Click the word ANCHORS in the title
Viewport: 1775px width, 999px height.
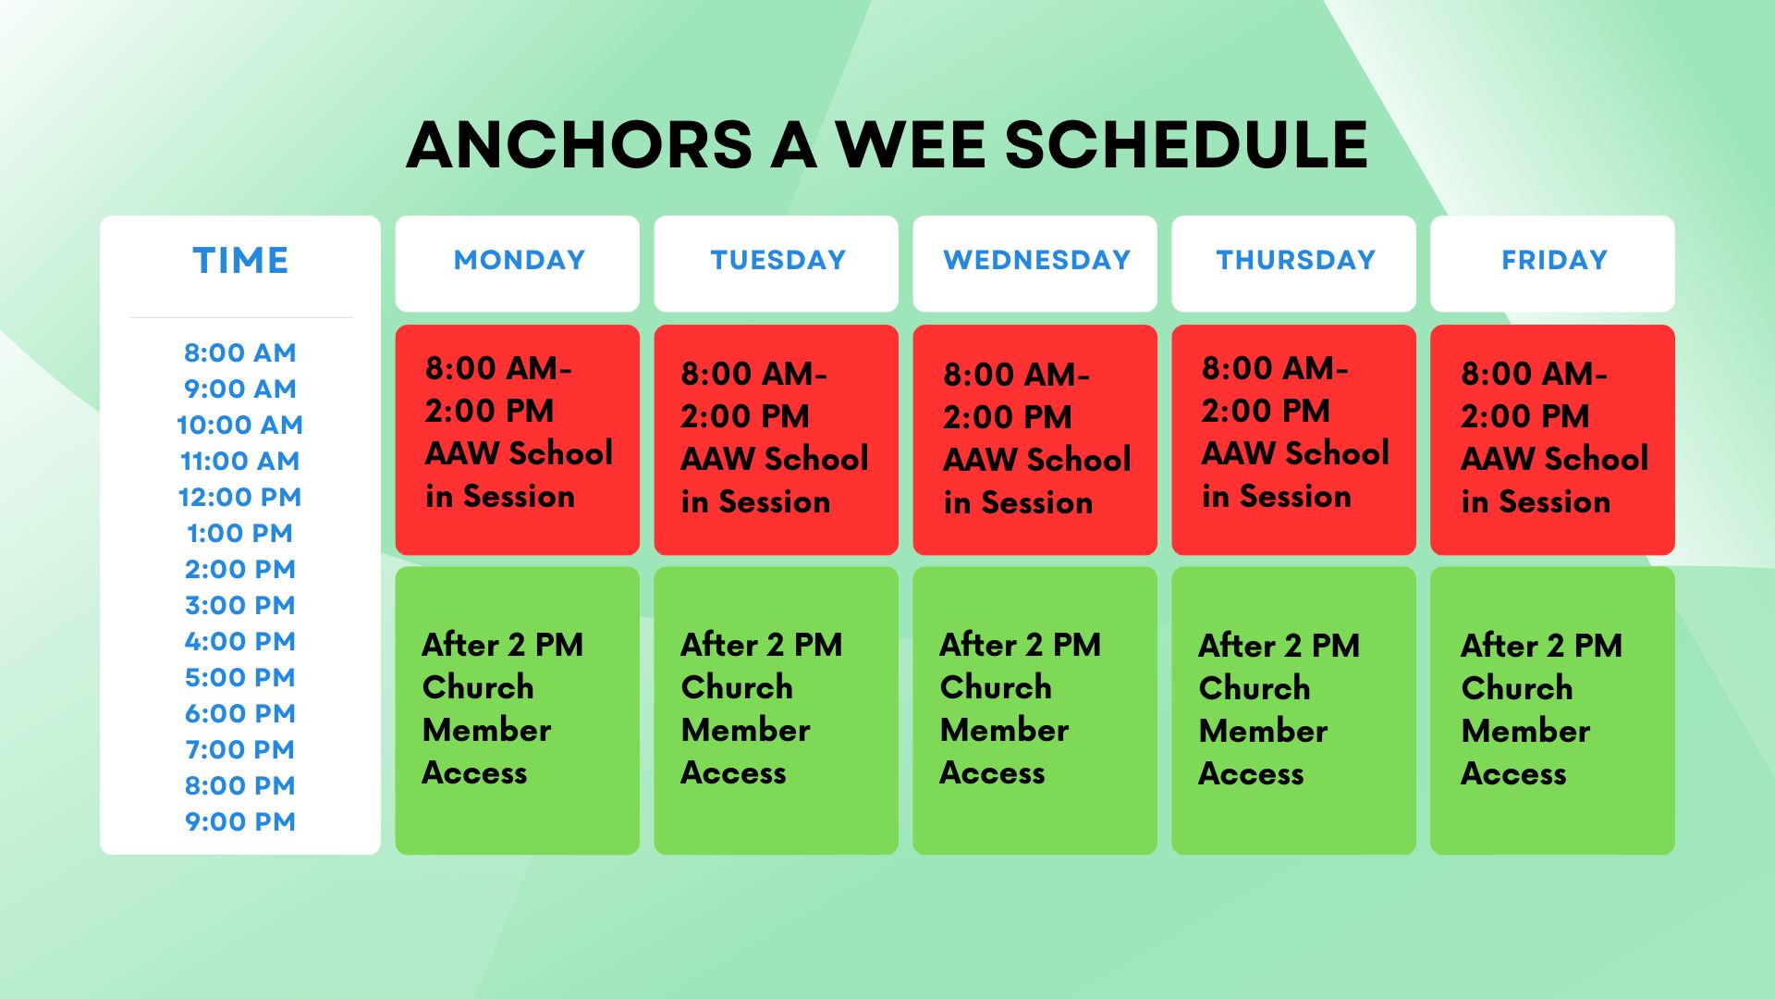pyautogui.click(x=581, y=145)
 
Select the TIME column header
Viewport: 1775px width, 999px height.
pyautogui.click(x=240, y=261)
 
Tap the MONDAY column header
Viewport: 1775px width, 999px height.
pyautogui.click(x=519, y=260)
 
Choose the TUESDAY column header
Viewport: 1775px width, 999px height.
pyautogui.click(x=777, y=260)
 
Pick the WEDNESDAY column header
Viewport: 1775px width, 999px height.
pyautogui.click(x=1036, y=260)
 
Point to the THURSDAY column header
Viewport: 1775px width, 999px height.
pyautogui.click(x=1295, y=260)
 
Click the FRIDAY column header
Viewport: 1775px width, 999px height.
pyautogui.click(x=1554, y=260)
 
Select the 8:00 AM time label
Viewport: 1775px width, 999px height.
pyautogui.click(x=240, y=352)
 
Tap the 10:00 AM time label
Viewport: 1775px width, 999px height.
pyautogui.click(x=240, y=425)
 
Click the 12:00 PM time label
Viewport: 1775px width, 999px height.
pyautogui.click(x=240, y=497)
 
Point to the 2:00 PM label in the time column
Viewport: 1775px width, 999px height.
pyautogui.click(x=240, y=569)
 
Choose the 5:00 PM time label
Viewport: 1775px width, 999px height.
pyautogui.click(x=240, y=677)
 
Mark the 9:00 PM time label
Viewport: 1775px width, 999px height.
pyautogui.click(x=240, y=821)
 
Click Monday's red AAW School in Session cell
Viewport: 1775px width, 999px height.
pyautogui.click(x=518, y=440)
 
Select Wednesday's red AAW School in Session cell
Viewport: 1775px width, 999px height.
pyautogui.click(x=1035, y=440)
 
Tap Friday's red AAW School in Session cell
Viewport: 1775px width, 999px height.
pyautogui.click(x=1553, y=440)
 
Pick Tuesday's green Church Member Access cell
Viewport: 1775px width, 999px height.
pyautogui.click(x=777, y=710)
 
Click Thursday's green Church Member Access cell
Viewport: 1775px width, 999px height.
pyautogui.click(x=1294, y=710)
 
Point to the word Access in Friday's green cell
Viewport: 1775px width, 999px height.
pyautogui.click(x=1513, y=773)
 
